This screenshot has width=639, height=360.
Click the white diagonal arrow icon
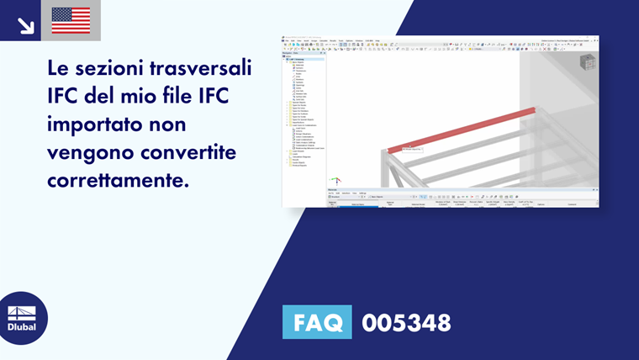[25, 25]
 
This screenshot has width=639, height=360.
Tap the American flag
[71, 21]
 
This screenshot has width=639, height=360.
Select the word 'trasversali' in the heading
[202, 68]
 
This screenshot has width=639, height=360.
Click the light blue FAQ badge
[317, 322]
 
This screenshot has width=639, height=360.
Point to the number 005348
[406, 323]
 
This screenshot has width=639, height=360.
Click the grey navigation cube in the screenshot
[587, 61]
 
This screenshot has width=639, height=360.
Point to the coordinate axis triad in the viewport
[335, 179]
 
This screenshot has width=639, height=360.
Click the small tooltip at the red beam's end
[411, 149]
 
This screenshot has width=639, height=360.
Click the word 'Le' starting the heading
[62, 68]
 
